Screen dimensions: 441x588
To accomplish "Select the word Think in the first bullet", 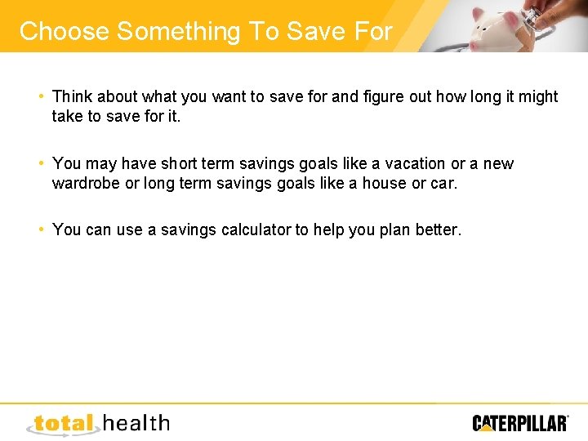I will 73,96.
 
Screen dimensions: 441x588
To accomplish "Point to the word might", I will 537,96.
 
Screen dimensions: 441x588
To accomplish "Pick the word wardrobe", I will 85,183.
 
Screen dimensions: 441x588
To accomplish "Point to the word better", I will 438,229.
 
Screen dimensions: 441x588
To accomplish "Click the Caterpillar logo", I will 520,422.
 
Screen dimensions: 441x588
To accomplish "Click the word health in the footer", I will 136,422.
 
